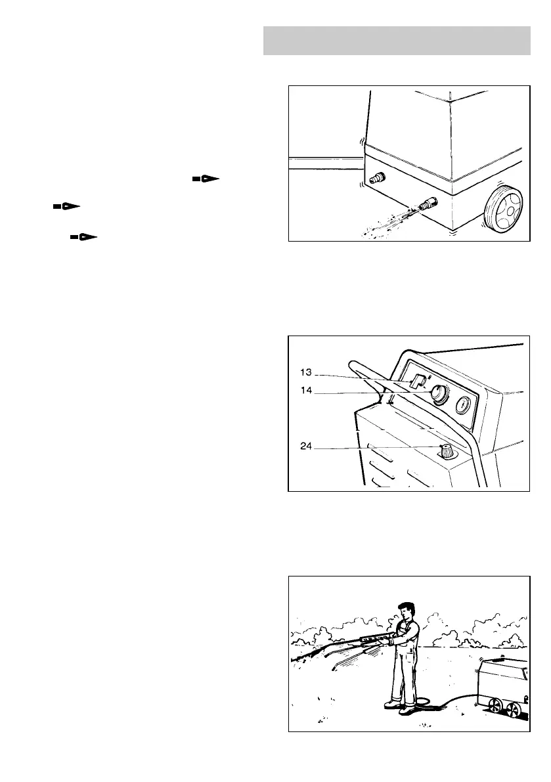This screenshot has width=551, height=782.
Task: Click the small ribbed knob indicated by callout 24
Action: pyautogui.click(x=447, y=451)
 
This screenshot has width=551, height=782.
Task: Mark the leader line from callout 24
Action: pyautogui.click(x=374, y=448)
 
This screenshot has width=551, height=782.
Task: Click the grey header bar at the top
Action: pyautogui.click(x=397, y=41)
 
